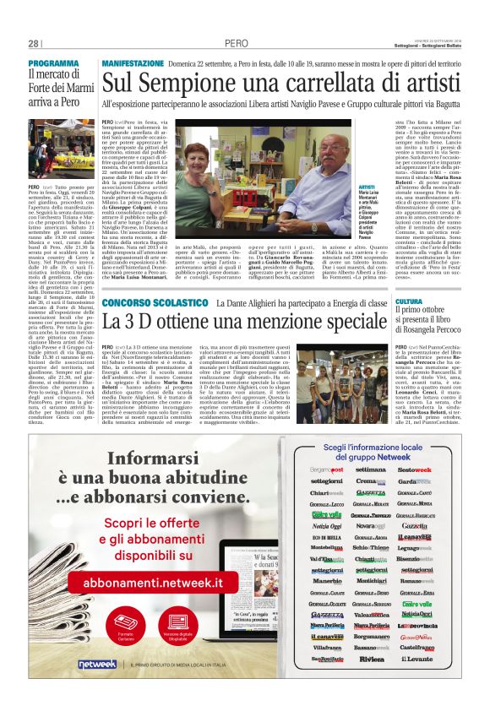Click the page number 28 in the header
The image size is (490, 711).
34,44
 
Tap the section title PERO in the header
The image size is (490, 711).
237,44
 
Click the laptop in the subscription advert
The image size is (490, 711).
244,583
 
